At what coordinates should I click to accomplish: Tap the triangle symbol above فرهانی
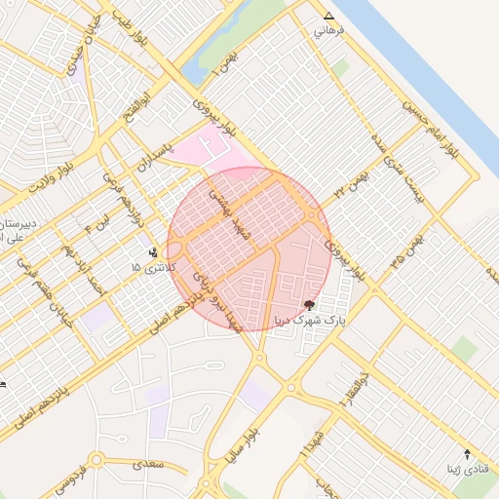(x=328, y=17)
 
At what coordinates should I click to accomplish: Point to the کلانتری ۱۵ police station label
(x=152, y=266)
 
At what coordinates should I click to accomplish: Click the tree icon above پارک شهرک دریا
(x=310, y=305)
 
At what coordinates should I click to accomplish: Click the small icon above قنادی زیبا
(x=467, y=454)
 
